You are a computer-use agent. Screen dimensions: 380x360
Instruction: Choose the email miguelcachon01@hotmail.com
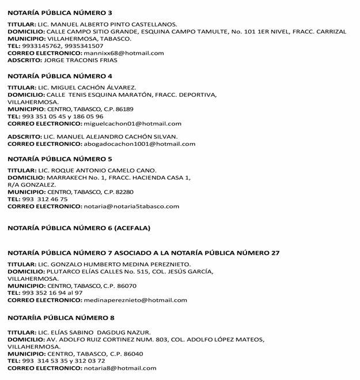[x=132, y=123]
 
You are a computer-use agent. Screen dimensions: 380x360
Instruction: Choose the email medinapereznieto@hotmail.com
[x=135, y=300]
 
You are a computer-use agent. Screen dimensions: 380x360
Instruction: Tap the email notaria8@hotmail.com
[x=120, y=368]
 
